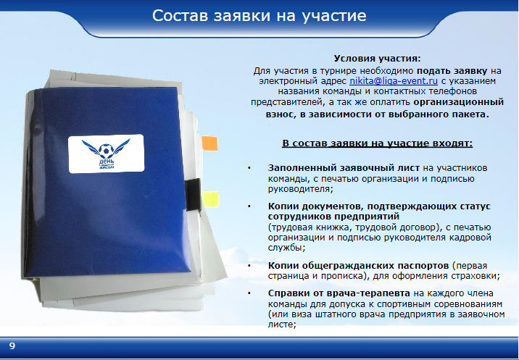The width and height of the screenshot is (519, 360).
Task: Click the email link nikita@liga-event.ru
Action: point(394,81)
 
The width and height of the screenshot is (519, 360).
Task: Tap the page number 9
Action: point(12,346)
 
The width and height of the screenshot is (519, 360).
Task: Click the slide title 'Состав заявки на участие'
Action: point(259,15)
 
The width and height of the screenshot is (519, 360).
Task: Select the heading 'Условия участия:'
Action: point(378,59)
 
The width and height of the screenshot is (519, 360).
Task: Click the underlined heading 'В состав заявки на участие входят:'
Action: point(378,143)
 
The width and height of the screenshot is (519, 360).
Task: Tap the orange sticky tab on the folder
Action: point(210,143)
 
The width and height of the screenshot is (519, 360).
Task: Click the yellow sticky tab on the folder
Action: point(211,199)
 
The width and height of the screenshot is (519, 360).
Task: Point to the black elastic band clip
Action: point(193,195)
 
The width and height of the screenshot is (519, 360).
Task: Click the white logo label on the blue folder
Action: point(107,154)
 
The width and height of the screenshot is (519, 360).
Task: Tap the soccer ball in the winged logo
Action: point(106,151)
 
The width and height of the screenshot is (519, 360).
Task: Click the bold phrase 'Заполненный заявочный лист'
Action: point(344,168)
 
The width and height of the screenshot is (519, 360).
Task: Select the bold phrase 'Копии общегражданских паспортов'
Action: point(358,266)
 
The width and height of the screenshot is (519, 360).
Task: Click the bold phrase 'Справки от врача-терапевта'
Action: point(339,293)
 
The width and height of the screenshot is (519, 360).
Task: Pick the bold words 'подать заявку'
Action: point(452,71)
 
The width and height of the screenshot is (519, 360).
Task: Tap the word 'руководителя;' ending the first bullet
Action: point(301,189)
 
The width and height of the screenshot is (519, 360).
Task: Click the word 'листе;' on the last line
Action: point(282,324)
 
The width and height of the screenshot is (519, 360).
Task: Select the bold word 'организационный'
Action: point(459,102)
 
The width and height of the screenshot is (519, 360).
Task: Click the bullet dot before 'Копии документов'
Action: point(249,206)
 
